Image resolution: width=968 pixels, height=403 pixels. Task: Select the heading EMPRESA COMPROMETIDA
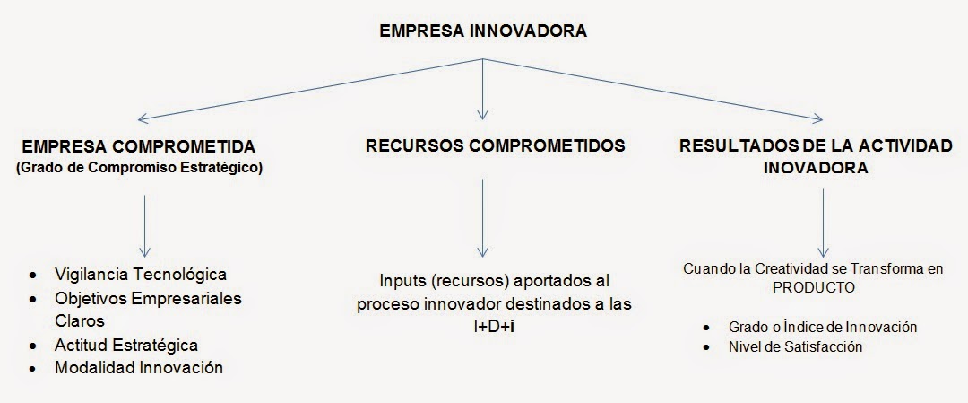click(139, 145)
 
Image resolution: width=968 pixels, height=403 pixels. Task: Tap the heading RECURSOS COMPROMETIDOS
click(483, 145)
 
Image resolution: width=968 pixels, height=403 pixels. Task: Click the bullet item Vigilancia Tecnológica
click(141, 274)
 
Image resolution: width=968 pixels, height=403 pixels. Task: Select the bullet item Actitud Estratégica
click(126, 345)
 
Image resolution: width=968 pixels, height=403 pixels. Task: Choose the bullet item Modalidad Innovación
click(139, 368)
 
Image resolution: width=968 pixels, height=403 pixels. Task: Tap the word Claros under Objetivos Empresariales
click(80, 320)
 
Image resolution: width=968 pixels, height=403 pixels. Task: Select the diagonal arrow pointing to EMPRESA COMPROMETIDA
click(305, 90)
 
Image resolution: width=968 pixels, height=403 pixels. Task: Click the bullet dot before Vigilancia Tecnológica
click(34, 275)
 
